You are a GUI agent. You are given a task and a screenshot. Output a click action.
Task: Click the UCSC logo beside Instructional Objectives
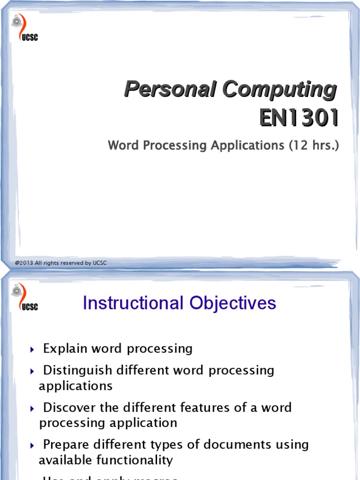coord(24,297)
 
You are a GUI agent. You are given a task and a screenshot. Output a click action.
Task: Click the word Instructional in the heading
coord(134,303)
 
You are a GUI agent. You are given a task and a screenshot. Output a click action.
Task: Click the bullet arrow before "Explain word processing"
coord(32,349)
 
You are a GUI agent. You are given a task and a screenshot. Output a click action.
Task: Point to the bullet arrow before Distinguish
coord(32,371)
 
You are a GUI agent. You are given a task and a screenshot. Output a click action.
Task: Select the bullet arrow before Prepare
coord(32,445)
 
